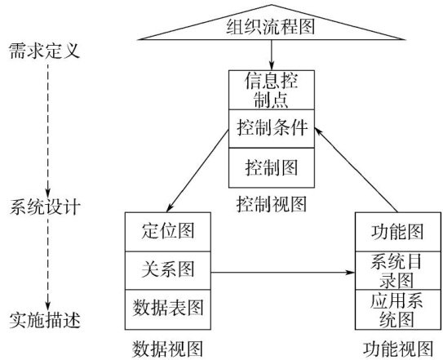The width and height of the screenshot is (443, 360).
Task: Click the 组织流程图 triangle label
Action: point(270,27)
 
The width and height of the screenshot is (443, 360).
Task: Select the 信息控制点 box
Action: point(272,90)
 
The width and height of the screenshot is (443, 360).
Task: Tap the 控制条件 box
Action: point(272,128)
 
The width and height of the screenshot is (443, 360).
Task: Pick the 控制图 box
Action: point(272,167)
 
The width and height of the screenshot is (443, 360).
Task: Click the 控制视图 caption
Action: point(272,204)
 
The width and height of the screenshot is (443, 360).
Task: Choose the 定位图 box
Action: point(168,232)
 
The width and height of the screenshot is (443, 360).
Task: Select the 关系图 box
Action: point(168,270)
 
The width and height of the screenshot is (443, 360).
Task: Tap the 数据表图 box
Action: point(168,309)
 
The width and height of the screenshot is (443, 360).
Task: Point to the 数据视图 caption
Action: point(168,349)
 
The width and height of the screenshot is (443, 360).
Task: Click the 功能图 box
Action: point(398,232)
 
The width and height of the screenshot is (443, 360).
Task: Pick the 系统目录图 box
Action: point(398,270)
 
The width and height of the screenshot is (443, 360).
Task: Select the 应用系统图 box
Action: point(398,309)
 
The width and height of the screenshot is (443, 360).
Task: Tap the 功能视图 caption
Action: point(398,349)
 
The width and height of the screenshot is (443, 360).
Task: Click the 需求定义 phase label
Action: point(44,51)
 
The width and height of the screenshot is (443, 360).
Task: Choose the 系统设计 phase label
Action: point(45,207)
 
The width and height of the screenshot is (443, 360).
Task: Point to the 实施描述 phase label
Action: point(45,320)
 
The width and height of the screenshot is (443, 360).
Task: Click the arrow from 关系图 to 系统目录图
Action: point(283,273)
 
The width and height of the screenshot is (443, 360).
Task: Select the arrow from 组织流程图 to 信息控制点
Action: point(272,55)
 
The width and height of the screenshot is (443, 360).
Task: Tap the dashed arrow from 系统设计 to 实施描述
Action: point(48,264)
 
